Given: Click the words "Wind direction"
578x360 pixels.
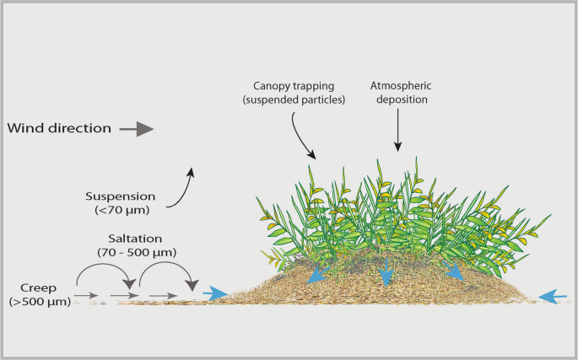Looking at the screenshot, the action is click(59, 129).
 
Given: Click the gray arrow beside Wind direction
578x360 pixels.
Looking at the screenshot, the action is click(136, 129).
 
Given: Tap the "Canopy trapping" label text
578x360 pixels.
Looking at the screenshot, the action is click(294, 86).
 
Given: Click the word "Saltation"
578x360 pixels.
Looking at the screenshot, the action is click(136, 239).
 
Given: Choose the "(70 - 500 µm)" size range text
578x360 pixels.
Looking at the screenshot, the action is click(136, 252).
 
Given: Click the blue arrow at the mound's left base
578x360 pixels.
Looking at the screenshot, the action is click(216, 293).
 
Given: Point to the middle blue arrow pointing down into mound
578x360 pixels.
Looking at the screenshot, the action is click(386, 272).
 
